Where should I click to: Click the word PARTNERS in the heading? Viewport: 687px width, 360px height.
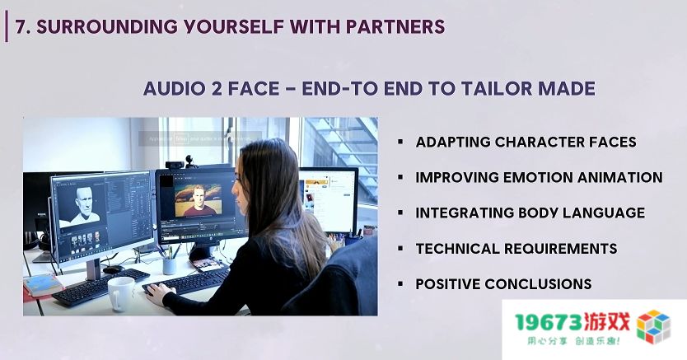click(395, 26)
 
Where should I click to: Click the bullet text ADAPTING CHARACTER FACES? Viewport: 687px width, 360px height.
click(526, 142)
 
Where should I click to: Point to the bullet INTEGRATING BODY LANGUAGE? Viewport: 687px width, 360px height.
click(530, 213)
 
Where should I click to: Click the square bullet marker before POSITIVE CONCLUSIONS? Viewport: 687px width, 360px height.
click(400, 284)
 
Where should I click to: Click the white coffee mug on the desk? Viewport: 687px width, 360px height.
click(121, 293)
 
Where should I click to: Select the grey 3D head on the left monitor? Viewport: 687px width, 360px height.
click(84, 205)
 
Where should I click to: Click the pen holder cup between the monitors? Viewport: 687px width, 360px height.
click(169, 265)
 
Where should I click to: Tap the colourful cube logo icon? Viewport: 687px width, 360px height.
click(653, 327)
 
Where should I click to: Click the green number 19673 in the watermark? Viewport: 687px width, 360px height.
click(549, 322)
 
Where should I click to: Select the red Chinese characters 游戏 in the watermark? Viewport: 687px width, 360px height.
click(607, 322)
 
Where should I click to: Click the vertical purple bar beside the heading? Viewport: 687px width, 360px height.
click(7, 26)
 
